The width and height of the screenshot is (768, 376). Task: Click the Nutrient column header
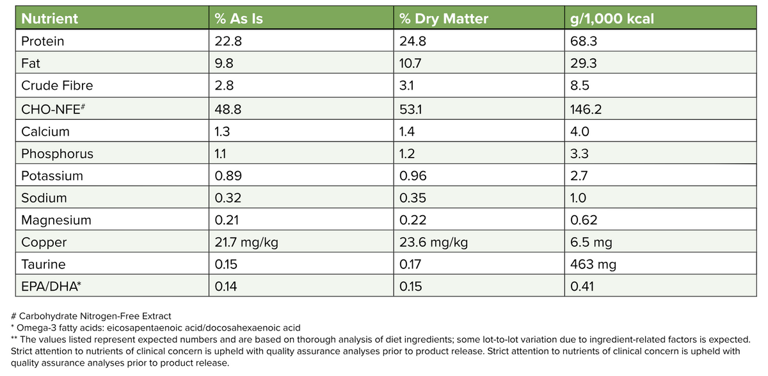tap(50, 19)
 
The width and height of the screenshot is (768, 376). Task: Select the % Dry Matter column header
tap(444, 19)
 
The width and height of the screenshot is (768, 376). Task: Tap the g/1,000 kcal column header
tap(612, 19)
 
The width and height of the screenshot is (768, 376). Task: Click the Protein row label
tap(43, 42)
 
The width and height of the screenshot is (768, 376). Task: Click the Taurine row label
tap(44, 264)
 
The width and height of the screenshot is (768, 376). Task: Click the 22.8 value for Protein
tap(228, 42)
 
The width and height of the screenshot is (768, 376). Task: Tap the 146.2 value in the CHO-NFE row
tap(587, 109)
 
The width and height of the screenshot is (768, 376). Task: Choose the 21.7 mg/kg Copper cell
tap(246, 242)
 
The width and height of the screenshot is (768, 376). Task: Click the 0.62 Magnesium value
tap(583, 220)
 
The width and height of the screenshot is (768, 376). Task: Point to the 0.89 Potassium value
tap(229, 176)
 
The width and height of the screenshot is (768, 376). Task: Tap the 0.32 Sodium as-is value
tap(229, 198)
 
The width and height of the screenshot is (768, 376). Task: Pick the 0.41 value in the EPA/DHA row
tap(582, 286)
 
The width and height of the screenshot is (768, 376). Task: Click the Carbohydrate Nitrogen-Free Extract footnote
tap(91, 316)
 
